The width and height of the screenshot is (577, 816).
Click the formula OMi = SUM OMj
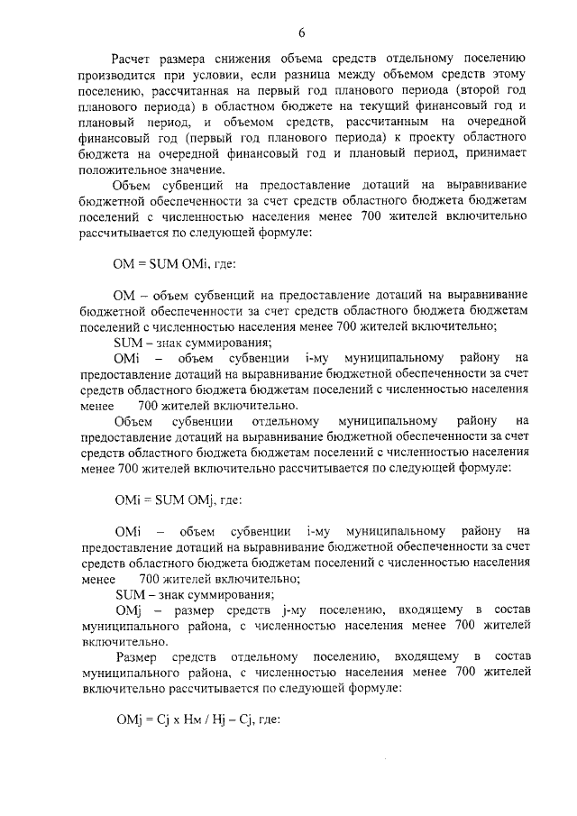pyautogui.click(x=168, y=499)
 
